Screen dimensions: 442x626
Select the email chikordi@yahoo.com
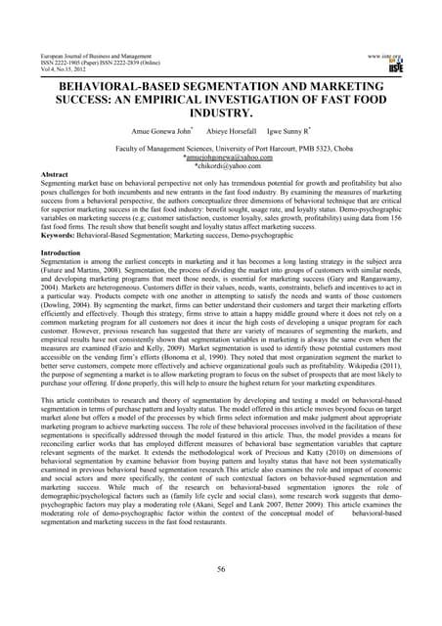pyautogui.click(x=222, y=165)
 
